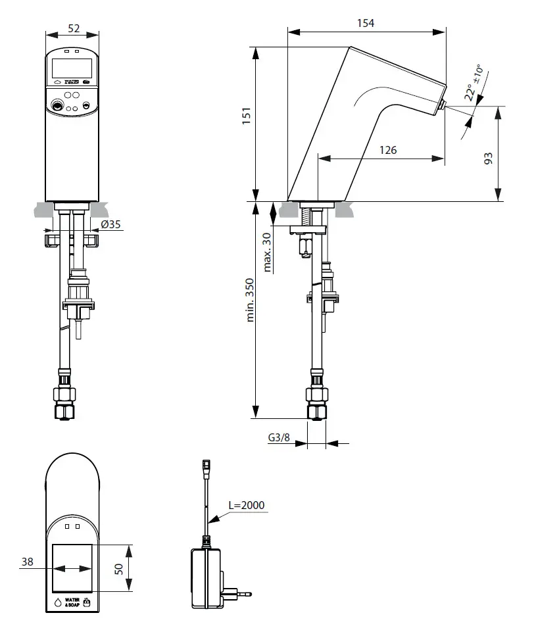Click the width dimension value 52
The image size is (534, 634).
[x=73, y=29]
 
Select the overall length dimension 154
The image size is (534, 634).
[x=366, y=23]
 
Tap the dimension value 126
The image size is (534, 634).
[x=388, y=150]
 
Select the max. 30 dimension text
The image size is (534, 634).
[x=268, y=252]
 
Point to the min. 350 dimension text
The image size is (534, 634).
[x=251, y=299]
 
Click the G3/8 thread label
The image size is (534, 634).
[x=279, y=437]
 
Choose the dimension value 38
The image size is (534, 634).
[x=27, y=562]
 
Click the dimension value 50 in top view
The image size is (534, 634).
[x=119, y=568]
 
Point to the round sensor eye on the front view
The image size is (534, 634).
[x=57, y=104]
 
